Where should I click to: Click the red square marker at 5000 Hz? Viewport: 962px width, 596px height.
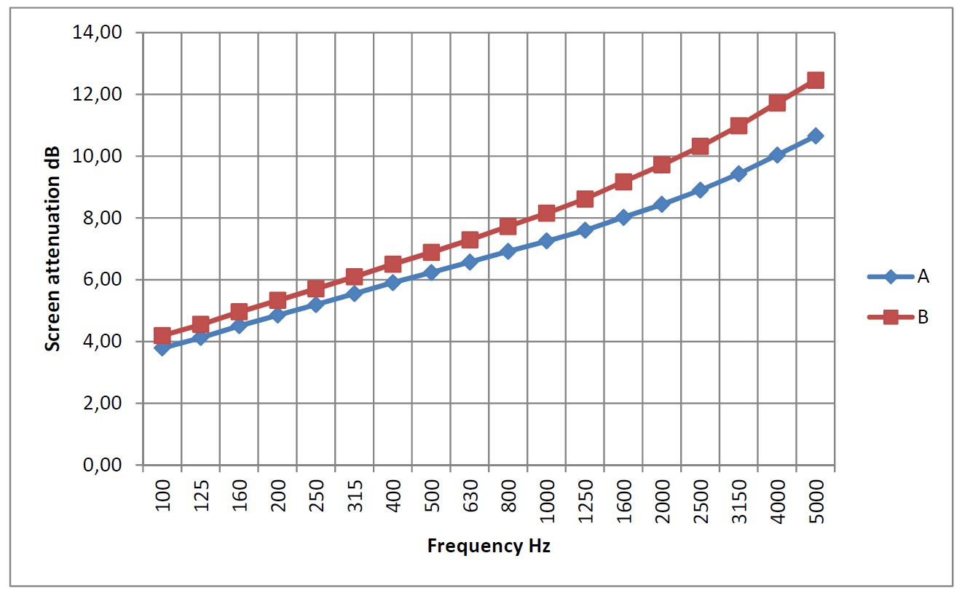tap(816, 80)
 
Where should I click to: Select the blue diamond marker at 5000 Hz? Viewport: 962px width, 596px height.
tap(816, 136)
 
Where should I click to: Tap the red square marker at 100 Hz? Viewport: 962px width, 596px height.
tap(162, 336)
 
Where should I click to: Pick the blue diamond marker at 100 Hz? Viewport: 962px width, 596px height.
tap(162, 348)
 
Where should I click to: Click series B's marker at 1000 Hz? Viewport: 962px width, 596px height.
tap(547, 213)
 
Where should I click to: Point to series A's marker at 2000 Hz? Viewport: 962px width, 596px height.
tap(662, 204)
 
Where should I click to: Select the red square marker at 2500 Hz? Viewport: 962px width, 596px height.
tap(701, 146)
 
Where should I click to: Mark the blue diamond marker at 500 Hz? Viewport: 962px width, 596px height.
tap(431, 272)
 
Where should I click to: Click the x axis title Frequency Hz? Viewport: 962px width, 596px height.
tap(489, 546)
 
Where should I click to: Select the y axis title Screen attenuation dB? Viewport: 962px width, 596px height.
tap(52, 248)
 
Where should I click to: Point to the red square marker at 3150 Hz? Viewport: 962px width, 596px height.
tap(738, 125)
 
